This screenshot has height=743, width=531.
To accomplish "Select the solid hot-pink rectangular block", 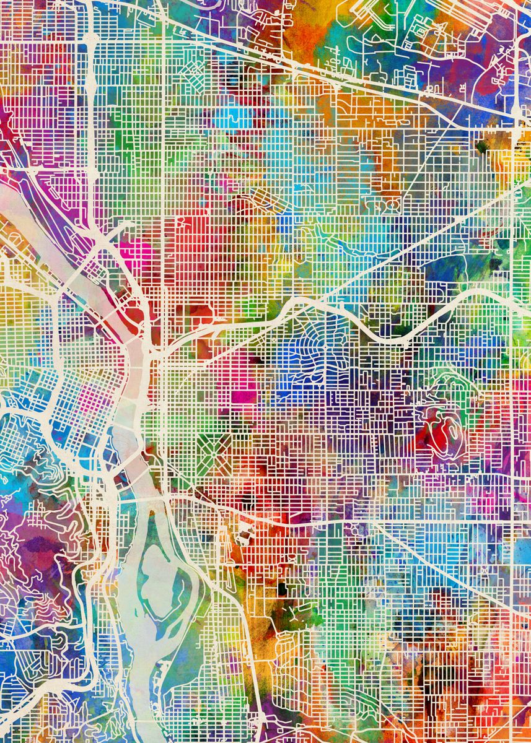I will coord(244,396).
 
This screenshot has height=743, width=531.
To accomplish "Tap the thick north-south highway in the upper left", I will coord(89,124).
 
